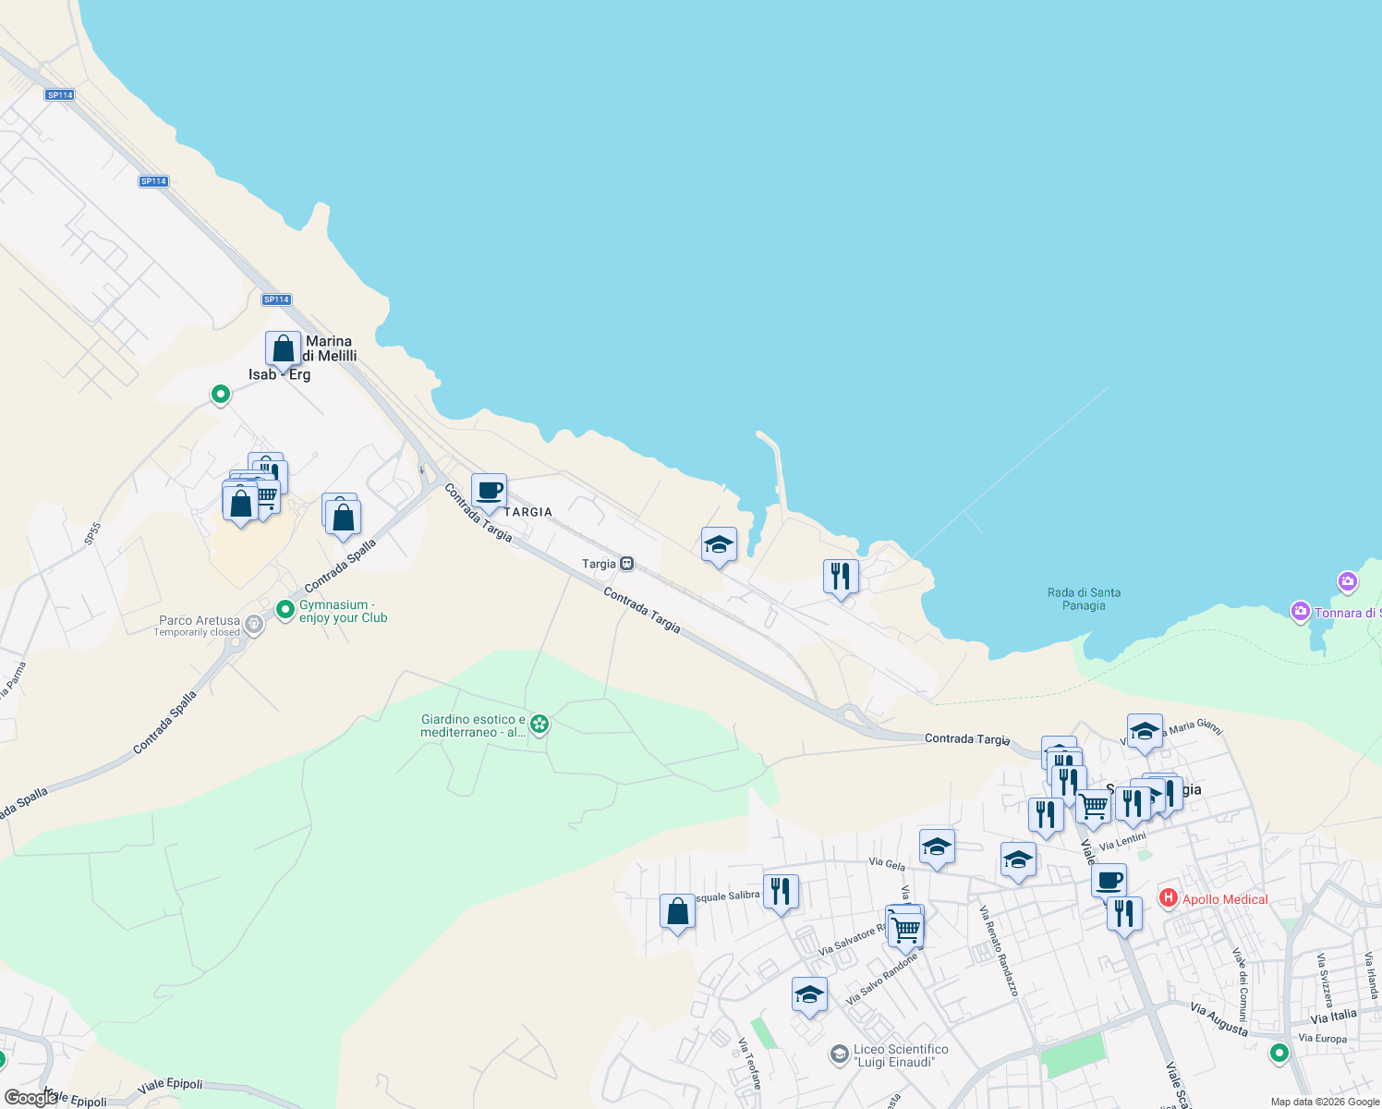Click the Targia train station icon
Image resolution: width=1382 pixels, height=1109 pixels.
(627, 564)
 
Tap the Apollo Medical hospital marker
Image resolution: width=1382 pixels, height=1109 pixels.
(1168, 898)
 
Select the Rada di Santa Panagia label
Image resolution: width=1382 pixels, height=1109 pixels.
(1084, 599)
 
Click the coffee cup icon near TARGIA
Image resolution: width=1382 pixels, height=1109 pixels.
(489, 492)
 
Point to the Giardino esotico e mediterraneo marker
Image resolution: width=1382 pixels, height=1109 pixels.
(540, 725)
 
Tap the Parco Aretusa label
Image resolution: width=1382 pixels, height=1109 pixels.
(200, 621)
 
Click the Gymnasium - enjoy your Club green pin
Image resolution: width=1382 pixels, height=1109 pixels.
(285, 609)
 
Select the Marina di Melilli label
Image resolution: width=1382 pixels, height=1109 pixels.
(329, 348)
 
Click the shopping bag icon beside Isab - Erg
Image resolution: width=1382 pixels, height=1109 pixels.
(283, 349)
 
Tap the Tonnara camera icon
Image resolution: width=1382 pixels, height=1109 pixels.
(1301, 612)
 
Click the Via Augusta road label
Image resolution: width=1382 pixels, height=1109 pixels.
(1218, 1019)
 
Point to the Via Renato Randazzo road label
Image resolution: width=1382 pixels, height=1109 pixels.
(999, 951)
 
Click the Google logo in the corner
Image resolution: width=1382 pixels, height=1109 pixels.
(31, 1098)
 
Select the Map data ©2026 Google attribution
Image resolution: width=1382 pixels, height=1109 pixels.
(1324, 1102)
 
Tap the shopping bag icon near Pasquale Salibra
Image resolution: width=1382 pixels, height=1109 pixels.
(677, 911)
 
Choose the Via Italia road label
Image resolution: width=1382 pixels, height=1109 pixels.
(1333, 1017)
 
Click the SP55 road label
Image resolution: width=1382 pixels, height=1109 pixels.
(91, 534)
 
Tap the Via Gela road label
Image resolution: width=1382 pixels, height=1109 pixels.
(887, 864)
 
